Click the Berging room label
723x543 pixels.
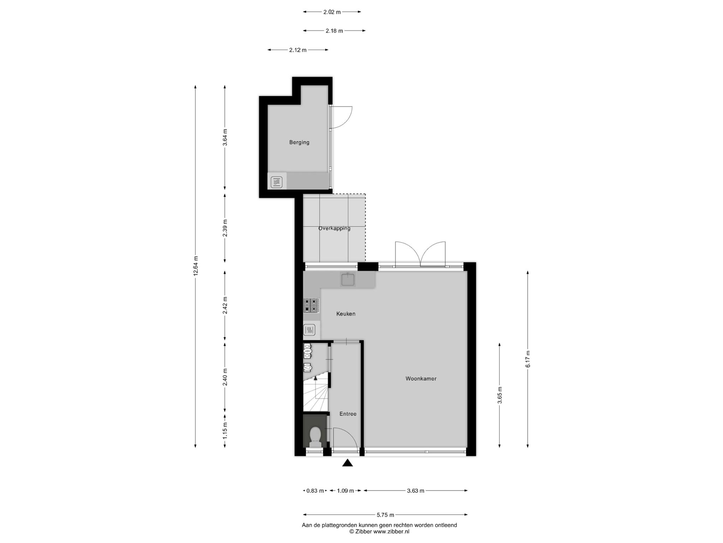coord(299,142)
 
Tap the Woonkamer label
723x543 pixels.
coord(421,379)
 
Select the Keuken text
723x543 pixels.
coord(346,314)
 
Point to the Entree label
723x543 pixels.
coord(348,414)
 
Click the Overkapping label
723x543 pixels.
coord(334,228)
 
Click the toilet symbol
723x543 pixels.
coord(315,437)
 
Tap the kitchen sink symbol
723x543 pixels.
coord(348,279)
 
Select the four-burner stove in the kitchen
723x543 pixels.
coord(311,305)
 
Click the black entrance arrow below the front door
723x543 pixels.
coord(348,463)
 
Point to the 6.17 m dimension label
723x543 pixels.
coord(528,359)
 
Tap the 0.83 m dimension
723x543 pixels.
coord(315,491)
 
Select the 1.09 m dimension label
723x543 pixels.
coord(345,491)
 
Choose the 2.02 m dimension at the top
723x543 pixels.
coord(332,12)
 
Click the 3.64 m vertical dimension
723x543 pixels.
coord(225,138)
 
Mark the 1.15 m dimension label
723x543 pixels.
coord(225,431)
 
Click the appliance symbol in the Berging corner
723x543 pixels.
coord(277,182)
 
